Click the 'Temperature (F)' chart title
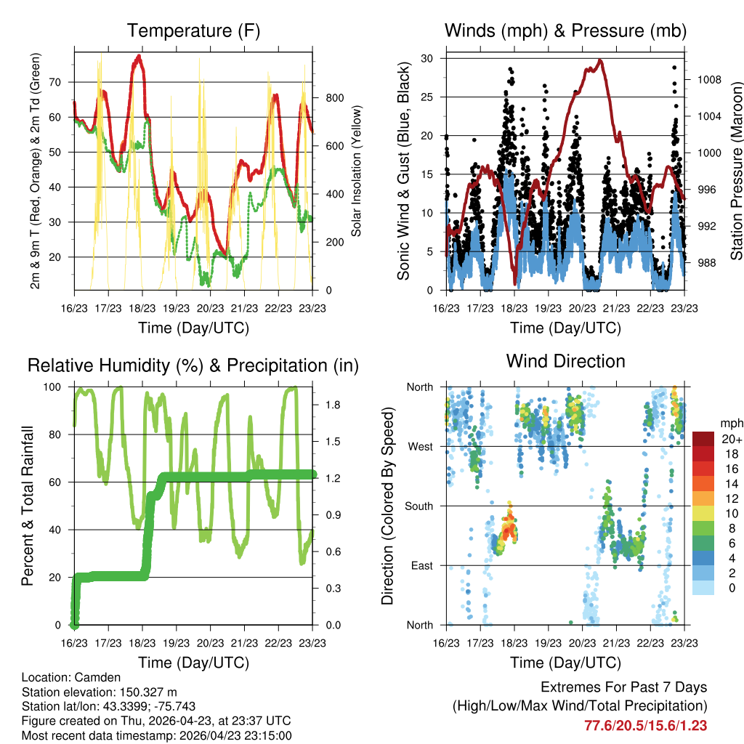[193, 31]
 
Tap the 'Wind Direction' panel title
[565, 361]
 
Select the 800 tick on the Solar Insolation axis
[335, 98]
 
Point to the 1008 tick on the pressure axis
[709, 80]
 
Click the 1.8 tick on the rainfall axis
[333, 405]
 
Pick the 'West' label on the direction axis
[421, 447]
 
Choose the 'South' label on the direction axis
[419, 506]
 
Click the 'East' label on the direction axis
[422, 565]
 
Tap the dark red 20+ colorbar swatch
[703, 439]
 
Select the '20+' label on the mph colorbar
[732, 440]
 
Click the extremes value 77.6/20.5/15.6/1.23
[645, 726]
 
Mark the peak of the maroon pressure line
[600, 60]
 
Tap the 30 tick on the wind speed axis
[426, 58]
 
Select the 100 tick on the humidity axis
[52, 387]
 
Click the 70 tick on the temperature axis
[55, 82]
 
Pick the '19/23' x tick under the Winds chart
[548, 308]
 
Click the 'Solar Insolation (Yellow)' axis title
[356, 171]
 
